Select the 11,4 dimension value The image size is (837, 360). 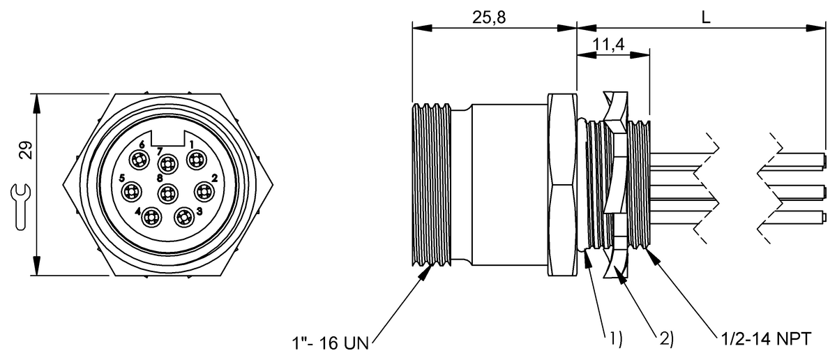tap(608, 45)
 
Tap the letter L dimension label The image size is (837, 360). tap(706, 18)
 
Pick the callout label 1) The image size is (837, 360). tap(612, 340)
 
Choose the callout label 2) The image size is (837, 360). tap(665, 340)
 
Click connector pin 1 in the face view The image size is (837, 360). tap(195, 161)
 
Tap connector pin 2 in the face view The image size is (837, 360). tap(203, 190)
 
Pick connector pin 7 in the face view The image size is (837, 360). tap(167, 165)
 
